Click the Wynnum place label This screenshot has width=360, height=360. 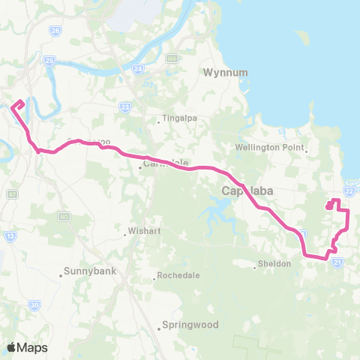(x=220, y=73)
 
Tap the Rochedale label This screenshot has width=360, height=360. (x=180, y=276)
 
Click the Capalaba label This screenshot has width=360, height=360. (x=246, y=191)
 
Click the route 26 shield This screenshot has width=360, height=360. (x=56, y=31)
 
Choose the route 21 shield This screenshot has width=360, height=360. (x=338, y=262)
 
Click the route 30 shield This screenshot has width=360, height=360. (x=34, y=304)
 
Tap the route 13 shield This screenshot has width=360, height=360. (x=10, y=235)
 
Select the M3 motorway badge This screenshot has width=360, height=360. (x=63, y=217)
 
